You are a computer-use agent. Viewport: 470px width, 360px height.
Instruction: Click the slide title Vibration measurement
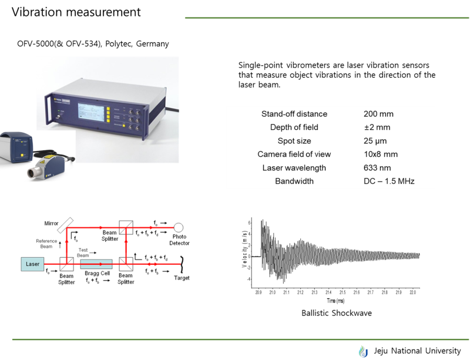pos(76,12)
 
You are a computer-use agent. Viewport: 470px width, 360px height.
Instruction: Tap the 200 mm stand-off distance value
pos(378,114)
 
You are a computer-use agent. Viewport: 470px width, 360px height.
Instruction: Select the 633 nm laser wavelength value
pos(377,167)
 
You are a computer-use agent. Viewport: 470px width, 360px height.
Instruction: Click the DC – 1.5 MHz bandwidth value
pos(389,181)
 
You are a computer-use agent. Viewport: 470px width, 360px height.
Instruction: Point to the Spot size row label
pos(294,141)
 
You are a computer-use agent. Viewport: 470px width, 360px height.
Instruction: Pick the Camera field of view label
pos(294,154)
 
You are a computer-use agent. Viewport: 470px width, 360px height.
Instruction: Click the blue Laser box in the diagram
pos(32,264)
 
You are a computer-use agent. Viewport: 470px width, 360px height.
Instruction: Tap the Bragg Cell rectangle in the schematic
pos(96,264)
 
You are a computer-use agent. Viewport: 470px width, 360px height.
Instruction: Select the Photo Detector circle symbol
pos(179,227)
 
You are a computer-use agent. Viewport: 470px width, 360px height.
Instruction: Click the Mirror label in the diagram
pos(51,223)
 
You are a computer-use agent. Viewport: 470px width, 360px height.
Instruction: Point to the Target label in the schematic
pos(182,278)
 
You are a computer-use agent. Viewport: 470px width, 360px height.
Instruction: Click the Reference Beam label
pos(46,244)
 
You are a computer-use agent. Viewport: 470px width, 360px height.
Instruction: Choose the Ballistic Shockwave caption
pos(337,313)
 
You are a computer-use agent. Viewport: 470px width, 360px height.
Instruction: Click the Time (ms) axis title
pos(335,300)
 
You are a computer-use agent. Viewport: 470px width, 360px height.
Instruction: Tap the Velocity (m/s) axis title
pos(244,249)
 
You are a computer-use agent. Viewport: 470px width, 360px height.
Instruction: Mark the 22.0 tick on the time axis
pos(413,292)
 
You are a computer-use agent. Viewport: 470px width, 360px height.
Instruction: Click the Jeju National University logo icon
pos(364,351)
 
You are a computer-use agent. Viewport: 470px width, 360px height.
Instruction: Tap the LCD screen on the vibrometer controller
pos(91,112)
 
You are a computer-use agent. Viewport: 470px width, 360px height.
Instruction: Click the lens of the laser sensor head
pos(32,173)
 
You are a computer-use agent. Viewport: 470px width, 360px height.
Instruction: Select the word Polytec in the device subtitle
pos(119,44)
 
